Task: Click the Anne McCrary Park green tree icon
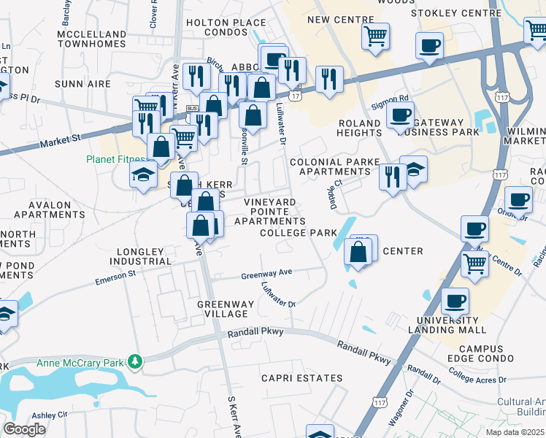pyautogui.click(x=134, y=361)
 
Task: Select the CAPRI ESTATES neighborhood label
pyautogui.click(x=302, y=378)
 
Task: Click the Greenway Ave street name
pyautogui.click(x=266, y=273)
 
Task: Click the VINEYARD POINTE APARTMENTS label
pyautogui.click(x=274, y=211)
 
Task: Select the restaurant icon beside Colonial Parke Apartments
pyautogui.click(x=393, y=177)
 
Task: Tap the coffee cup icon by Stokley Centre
pyautogui.click(x=428, y=45)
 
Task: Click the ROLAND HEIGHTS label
pyautogui.click(x=358, y=128)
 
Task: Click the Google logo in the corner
pyautogui.click(x=24, y=429)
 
